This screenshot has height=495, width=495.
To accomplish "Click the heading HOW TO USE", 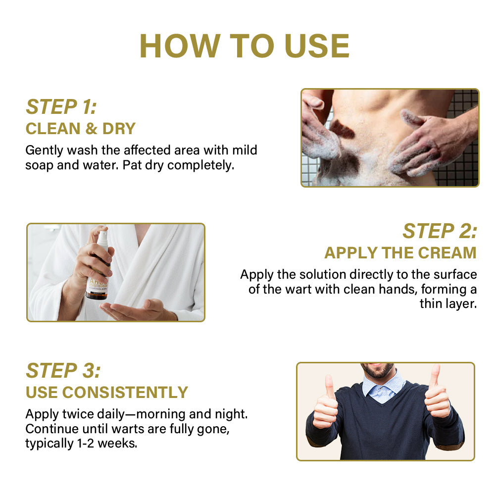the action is click(x=245, y=46).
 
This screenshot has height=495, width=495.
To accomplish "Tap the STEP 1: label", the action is click(x=61, y=107).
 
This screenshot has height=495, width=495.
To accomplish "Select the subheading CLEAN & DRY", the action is click(x=81, y=129).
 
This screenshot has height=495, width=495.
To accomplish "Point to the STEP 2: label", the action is click(x=440, y=231).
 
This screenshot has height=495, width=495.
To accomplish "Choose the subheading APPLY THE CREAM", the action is click(x=400, y=252).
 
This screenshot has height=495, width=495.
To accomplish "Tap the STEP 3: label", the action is click(x=63, y=370).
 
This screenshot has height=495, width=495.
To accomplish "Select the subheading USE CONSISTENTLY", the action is click(x=107, y=393).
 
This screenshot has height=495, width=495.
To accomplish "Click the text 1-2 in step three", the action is click(x=86, y=444).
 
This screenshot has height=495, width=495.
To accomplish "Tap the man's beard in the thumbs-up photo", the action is click(x=377, y=371).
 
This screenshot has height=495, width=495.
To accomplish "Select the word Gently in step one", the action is click(x=44, y=150).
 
